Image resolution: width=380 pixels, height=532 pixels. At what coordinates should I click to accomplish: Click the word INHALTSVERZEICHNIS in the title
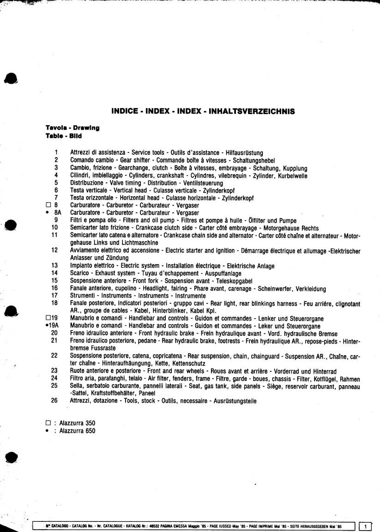[252, 111]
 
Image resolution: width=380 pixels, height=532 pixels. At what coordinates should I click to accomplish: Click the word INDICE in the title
[125, 111]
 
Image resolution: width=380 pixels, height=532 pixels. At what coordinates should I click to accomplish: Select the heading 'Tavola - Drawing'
[72, 128]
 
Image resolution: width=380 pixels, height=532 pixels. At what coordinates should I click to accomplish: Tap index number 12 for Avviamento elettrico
[54, 250]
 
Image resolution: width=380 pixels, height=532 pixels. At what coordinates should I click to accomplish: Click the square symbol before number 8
[48, 206]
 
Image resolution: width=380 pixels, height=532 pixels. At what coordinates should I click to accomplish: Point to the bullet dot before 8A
[48, 213]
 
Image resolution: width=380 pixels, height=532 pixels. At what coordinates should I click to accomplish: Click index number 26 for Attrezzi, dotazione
[54, 401]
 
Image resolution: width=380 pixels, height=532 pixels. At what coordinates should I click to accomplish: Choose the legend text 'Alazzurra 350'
[77, 423]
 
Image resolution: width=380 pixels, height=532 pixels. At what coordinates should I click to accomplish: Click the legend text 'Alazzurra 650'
[77, 431]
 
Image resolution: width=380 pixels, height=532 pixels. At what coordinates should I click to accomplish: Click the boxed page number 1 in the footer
[365, 526]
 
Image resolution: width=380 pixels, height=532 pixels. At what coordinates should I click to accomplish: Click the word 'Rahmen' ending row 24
[350, 379]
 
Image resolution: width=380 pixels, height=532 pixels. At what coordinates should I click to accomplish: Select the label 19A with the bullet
[52, 326]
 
